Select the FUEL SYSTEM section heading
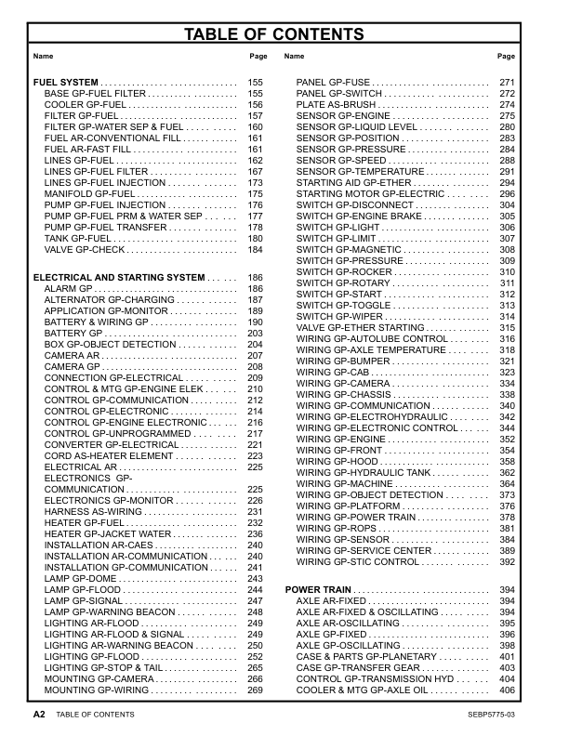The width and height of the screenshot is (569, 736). [x=66, y=83]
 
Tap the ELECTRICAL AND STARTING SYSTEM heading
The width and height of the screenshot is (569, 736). [x=118, y=278]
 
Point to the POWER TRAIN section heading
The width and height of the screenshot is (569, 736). [x=317, y=590]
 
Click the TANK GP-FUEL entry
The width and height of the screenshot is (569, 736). [x=78, y=239]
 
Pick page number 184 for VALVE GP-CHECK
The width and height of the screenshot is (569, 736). [x=256, y=250]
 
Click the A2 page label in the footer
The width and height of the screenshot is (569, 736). [x=39, y=714]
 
